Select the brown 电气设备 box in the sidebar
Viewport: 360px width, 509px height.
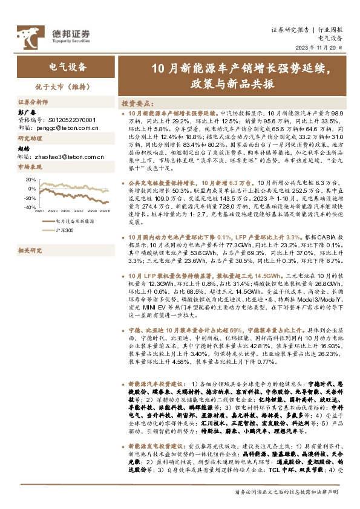[67, 68]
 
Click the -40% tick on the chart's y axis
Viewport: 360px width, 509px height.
[29, 207]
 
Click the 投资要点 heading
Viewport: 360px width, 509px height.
[136, 103]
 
